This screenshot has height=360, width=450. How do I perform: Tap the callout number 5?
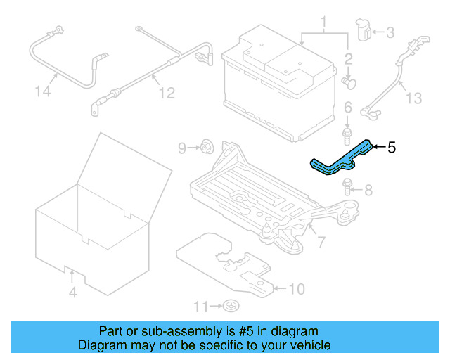click(x=392, y=148)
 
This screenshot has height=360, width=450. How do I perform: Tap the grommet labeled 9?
click(x=207, y=147)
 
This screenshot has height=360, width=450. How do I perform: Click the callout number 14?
click(x=44, y=91)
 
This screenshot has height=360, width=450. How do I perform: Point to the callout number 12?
click(x=165, y=92)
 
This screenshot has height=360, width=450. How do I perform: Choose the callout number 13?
click(x=414, y=98)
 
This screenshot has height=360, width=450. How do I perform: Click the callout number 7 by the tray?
click(x=321, y=242)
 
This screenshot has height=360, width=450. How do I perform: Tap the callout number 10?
click(x=297, y=288)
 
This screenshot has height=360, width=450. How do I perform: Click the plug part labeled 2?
click(x=348, y=82)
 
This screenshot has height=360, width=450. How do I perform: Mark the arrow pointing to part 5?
click(x=377, y=147)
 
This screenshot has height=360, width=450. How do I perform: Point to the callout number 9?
click(x=182, y=148)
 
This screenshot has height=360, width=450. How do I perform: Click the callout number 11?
click(x=202, y=306)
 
